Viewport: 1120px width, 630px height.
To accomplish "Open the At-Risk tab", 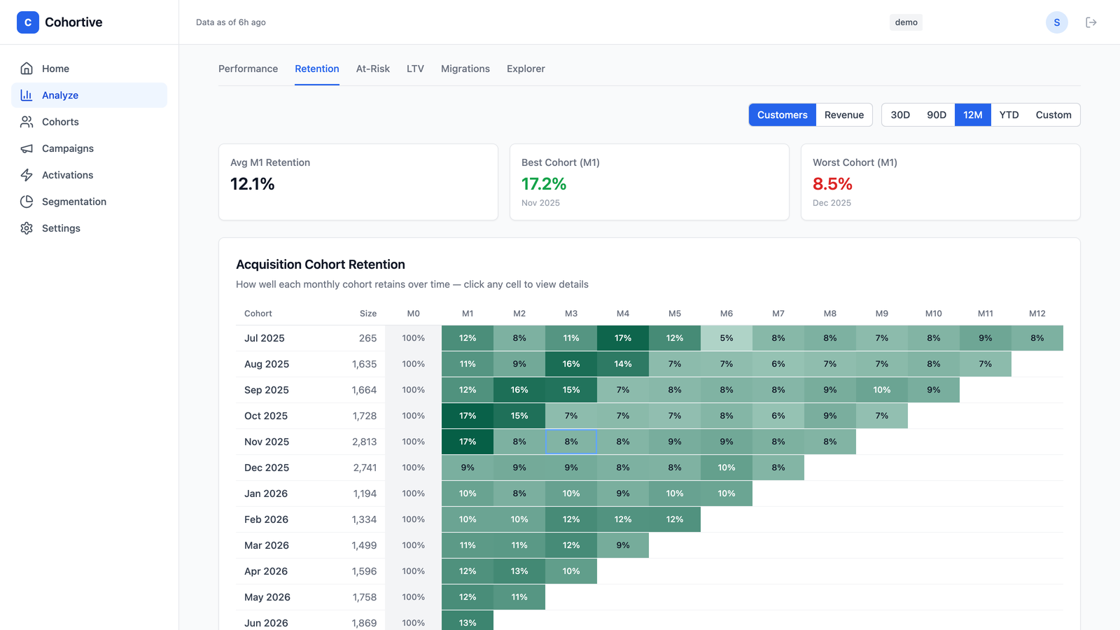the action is point(372,69).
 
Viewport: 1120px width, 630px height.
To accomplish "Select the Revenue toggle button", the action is point(844,115).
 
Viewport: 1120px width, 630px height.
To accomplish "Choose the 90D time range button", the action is point(937,115).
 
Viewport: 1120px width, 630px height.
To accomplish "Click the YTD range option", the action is point(1009,115).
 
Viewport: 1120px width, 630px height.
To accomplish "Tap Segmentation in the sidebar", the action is point(74,202).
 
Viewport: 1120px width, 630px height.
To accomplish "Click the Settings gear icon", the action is point(27,228).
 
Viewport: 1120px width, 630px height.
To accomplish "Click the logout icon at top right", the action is point(1091,22).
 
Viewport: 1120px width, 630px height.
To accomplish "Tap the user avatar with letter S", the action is point(1056,22).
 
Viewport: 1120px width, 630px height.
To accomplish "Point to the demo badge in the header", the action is point(906,22).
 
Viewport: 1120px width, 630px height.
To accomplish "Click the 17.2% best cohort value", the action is point(543,184).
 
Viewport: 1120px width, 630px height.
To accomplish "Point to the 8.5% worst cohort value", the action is point(832,184).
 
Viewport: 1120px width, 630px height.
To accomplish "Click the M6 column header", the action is point(726,314).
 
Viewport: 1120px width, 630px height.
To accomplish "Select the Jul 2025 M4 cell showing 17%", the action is point(622,338).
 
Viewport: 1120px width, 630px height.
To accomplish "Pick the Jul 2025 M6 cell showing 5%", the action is point(726,338).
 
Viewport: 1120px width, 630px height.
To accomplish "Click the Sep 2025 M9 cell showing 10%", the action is point(881,390).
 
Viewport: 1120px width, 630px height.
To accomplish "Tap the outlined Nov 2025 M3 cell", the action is point(571,442).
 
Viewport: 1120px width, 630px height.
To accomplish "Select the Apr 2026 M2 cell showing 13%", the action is point(519,571).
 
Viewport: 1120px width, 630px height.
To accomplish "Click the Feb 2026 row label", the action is point(266,519).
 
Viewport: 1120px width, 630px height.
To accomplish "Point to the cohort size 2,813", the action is point(364,442).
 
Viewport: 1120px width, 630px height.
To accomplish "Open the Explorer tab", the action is point(526,69).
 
